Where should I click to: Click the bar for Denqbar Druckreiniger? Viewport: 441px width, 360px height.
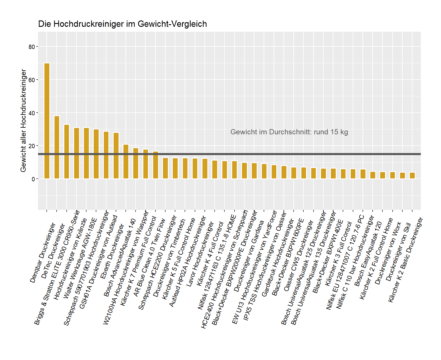coord(47,121)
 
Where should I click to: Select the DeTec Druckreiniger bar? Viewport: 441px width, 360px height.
coord(57,147)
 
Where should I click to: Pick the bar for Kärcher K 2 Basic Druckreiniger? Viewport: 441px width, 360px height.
coord(412,176)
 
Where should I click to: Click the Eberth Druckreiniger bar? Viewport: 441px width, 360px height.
coord(116,156)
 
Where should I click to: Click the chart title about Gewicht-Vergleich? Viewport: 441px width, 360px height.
coord(122,24)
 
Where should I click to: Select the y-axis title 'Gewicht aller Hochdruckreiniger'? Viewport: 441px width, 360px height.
coord(23,120)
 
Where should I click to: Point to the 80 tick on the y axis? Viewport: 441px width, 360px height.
coord(32,47)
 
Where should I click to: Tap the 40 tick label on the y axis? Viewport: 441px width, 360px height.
coord(32,113)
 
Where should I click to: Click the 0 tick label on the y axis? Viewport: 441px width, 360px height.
coord(33,179)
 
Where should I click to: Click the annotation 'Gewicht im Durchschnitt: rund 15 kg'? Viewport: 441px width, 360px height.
coord(289,132)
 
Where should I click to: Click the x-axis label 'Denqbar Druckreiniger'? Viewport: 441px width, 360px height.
coord(43,252)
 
